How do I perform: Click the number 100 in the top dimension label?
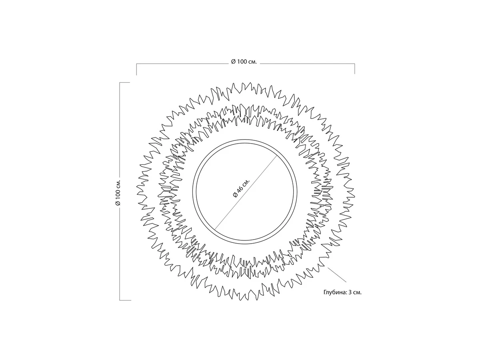click(x=242, y=62)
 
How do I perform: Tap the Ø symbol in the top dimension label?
click(x=233, y=62)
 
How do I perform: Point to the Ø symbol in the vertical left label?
click(x=118, y=203)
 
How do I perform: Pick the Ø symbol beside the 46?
click(x=235, y=194)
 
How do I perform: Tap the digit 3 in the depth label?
click(x=350, y=292)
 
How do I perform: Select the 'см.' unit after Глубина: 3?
click(x=357, y=293)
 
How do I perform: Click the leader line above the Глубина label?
click(x=337, y=275)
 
